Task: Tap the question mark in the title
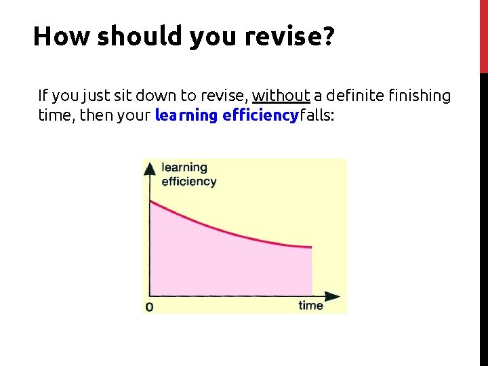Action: click(327, 36)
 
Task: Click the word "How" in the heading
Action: click(61, 36)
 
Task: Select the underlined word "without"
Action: click(281, 96)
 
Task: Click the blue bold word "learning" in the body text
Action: click(186, 115)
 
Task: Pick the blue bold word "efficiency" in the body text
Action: click(260, 115)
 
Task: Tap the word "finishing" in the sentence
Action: click(419, 96)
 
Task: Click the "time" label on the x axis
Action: click(310, 306)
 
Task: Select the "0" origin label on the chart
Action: click(149, 307)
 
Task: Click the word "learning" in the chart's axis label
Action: click(184, 167)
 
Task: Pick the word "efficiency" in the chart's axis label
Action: click(188, 181)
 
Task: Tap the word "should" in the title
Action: click(140, 36)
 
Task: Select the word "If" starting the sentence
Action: click(43, 96)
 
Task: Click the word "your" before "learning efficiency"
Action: click(136, 115)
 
